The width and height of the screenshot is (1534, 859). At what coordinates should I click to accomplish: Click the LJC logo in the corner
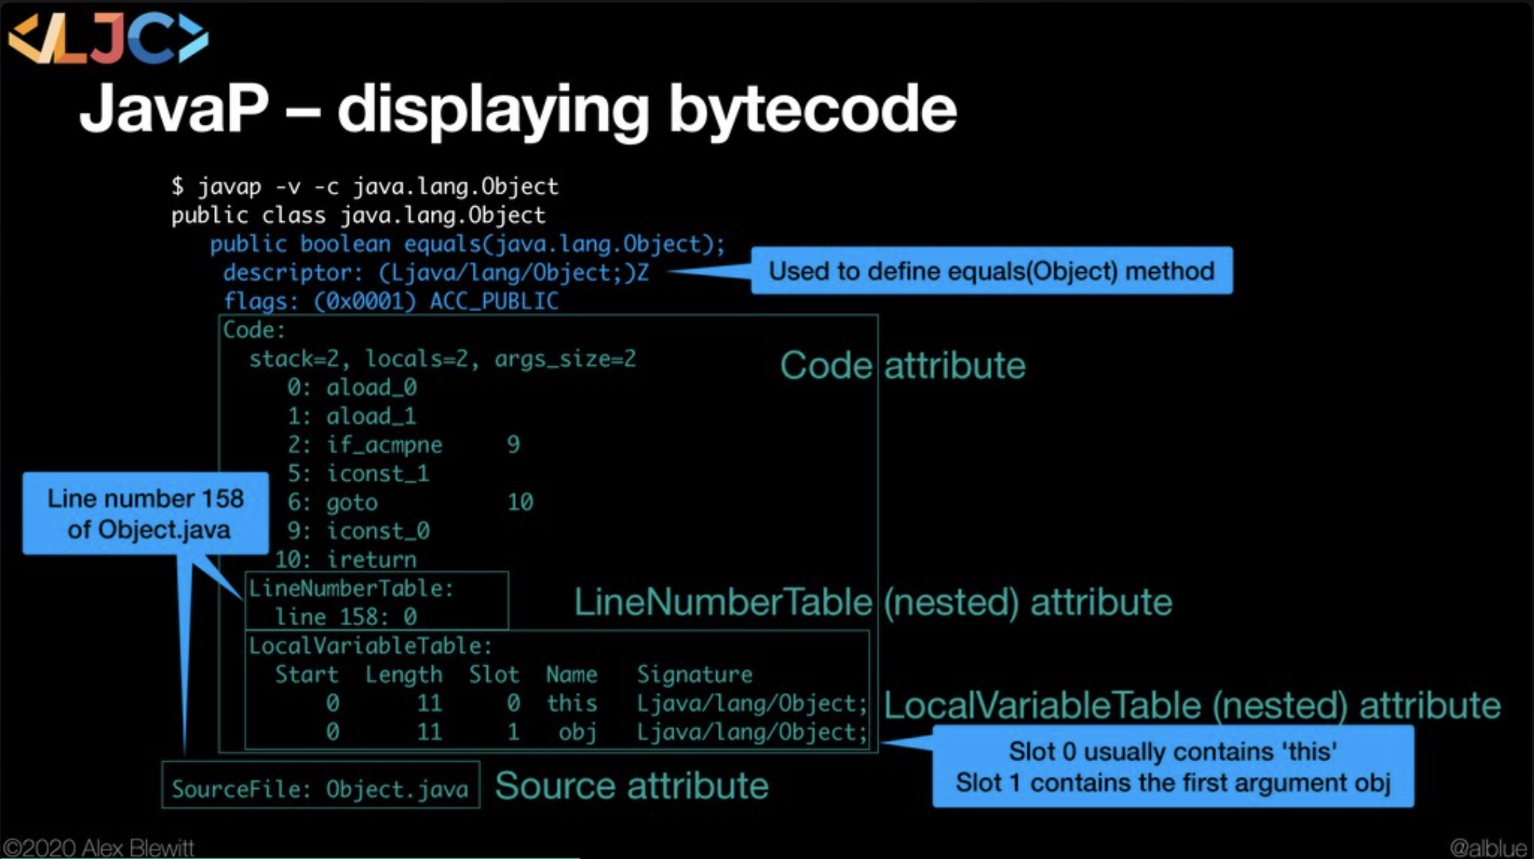pos(108,39)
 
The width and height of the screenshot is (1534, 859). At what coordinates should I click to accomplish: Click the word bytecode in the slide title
pos(812,110)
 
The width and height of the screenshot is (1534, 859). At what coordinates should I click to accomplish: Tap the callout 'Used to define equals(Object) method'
pos(991,271)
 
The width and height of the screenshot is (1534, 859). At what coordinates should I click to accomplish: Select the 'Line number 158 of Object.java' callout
pos(145,514)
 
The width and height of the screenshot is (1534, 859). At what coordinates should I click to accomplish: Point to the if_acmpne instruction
pos(384,445)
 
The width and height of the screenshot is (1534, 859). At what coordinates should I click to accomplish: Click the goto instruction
pos(352,503)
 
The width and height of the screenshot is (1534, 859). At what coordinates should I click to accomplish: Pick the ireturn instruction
pos(371,559)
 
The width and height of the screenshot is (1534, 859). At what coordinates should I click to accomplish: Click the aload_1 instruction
pos(371,416)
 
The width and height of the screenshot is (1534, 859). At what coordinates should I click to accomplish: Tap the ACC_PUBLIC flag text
pos(494,302)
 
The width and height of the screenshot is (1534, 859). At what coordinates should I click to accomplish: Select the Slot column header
pos(494,675)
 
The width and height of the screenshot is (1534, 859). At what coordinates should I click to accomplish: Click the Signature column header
pos(694,675)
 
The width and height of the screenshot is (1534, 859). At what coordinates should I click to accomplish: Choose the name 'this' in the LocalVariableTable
pos(571,704)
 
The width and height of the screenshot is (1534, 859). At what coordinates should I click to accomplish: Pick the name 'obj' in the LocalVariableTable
pos(577,732)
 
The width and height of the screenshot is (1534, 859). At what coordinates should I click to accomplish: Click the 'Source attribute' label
pos(631,786)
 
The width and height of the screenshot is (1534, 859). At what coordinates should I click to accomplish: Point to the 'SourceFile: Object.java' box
pos(320,786)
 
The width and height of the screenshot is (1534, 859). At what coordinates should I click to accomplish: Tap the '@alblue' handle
pos(1488,848)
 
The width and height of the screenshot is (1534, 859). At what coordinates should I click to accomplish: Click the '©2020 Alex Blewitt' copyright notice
pos(99,848)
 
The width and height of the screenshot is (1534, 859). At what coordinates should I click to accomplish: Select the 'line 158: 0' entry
pos(346,617)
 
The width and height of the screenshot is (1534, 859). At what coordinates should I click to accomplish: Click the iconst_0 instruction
pos(378,531)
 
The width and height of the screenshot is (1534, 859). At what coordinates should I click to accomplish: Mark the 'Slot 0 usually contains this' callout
pos(1173,767)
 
